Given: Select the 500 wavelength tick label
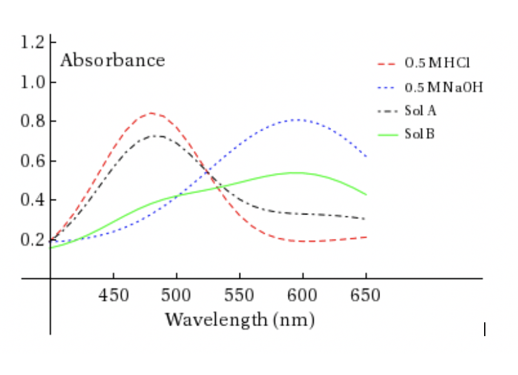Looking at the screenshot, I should pos(176,294).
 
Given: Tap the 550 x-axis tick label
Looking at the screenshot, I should pos(240,294).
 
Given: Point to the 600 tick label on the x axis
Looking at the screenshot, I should pos(302,294).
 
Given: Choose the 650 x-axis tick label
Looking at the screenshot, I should pos(365,294).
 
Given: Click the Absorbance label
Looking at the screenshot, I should pos(112,61).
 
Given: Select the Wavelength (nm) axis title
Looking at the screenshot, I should pos(240,320).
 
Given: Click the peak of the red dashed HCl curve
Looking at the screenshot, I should pos(151,113).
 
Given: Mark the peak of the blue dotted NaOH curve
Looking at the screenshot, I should pos(299,119).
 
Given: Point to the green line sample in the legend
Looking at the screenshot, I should pos(389,134).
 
